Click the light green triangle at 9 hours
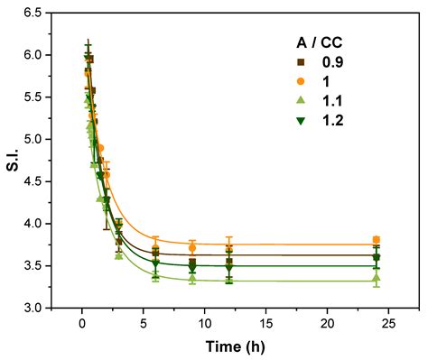click(x=192, y=279)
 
